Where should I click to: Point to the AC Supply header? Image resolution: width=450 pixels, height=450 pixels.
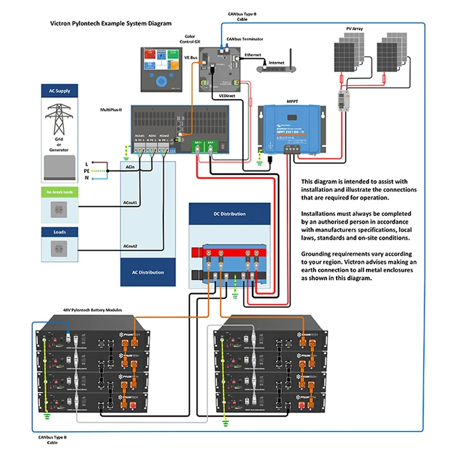tap(59, 91)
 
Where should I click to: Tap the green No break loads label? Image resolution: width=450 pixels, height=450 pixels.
tap(59, 193)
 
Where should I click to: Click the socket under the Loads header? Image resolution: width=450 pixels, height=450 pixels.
tap(59, 248)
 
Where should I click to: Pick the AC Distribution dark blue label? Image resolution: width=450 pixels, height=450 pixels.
tap(148, 272)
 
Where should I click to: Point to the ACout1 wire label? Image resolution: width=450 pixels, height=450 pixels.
tap(131, 203)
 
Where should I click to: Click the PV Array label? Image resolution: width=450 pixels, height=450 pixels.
tap(354, 28)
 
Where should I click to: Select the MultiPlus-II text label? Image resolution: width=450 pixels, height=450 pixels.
tap(111, 110)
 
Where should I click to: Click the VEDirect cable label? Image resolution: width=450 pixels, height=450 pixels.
tap(227, 95)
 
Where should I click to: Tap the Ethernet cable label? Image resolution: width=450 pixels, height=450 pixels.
tap(253, 55)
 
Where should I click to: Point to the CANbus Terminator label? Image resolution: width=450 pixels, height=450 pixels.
tap(245, 39)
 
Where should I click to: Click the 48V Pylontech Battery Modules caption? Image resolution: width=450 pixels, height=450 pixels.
tap(92, 310)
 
